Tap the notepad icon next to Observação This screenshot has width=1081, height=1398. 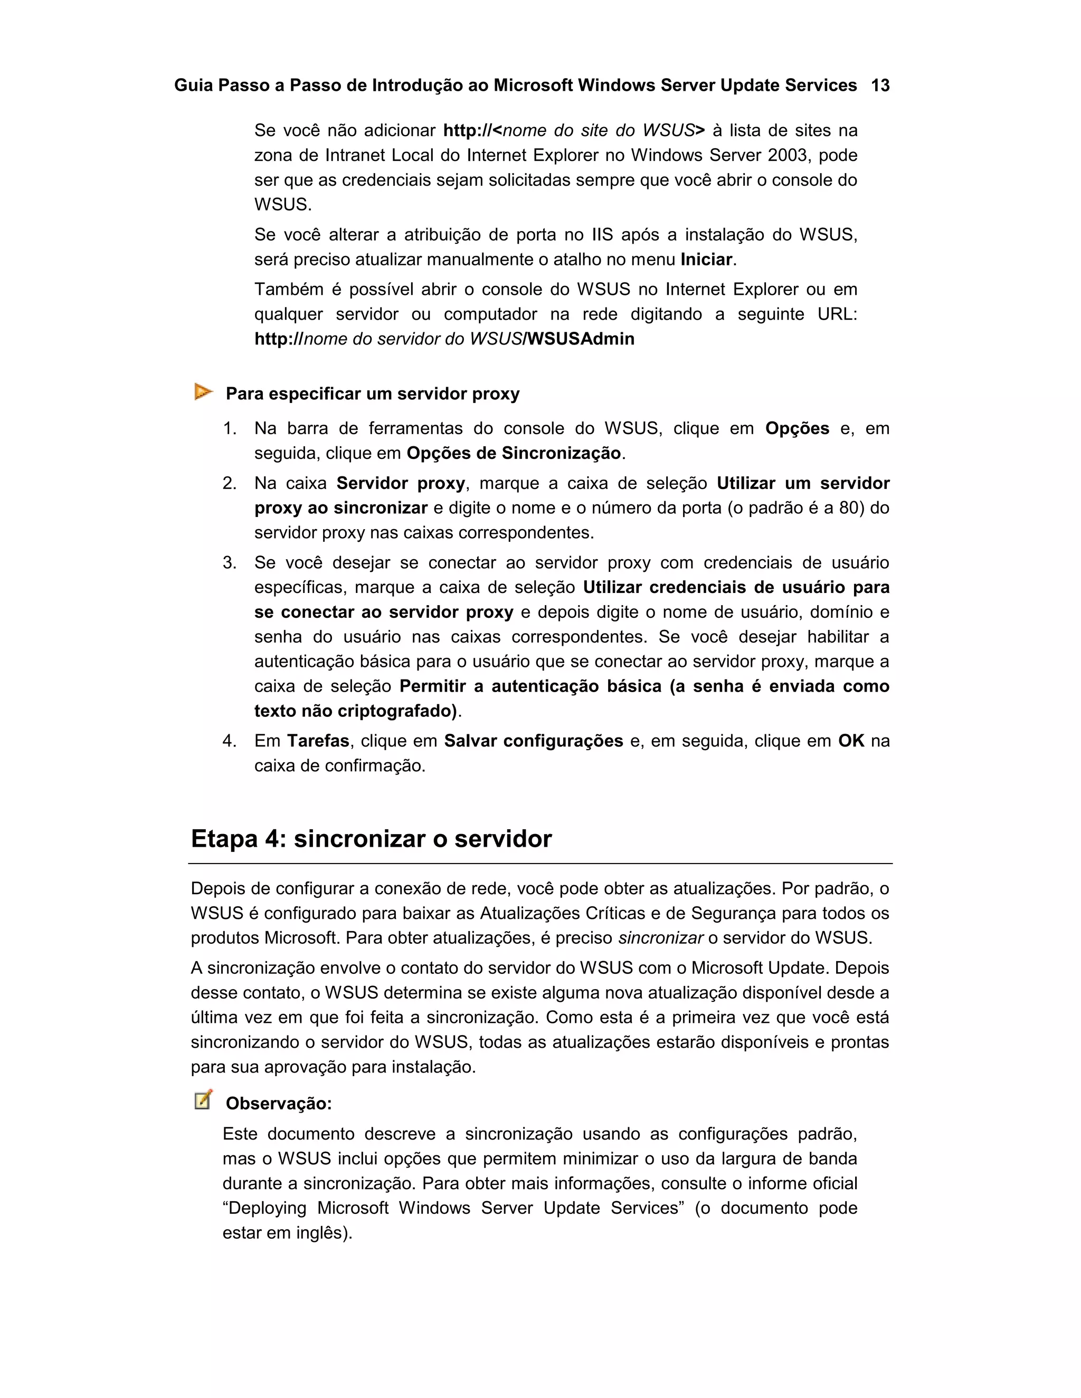coord(203,1100)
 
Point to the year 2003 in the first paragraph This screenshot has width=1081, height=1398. coord(789,155)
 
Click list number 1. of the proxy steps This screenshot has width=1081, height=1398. coord(230,428)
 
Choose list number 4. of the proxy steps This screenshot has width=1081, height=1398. coord(230,741)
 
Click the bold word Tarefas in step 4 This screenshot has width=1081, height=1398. coord(318,741)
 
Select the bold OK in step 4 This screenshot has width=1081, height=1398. coord(851,741)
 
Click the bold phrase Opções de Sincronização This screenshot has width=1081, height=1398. coord(514,453)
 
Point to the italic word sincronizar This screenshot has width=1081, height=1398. coord(660,938)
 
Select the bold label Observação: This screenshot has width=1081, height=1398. coord(279,1104)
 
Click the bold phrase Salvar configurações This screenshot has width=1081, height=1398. coord(534,741)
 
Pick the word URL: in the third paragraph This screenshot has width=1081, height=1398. coord(837,314)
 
